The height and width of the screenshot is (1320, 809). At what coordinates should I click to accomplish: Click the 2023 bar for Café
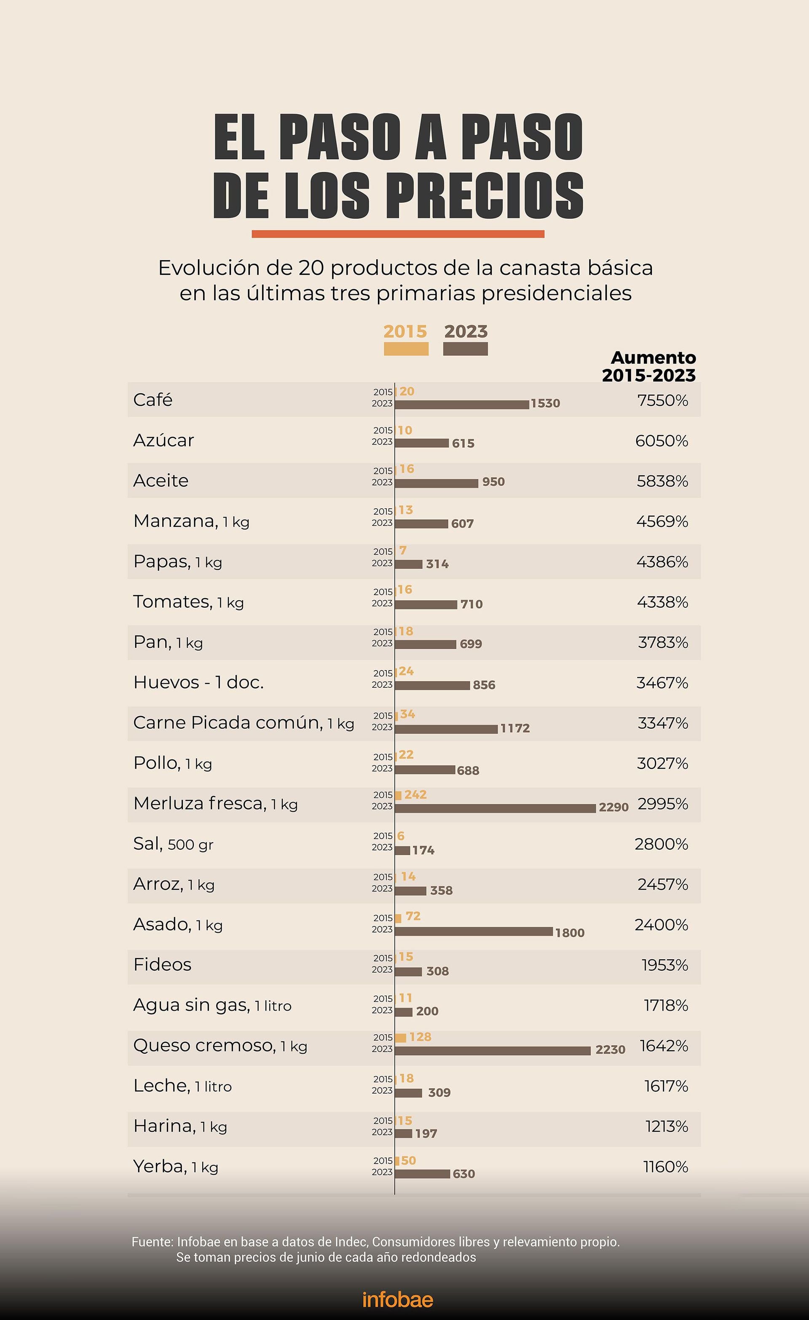[462, 405]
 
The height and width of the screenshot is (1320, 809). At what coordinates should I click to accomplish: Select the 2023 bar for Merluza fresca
[495, 808]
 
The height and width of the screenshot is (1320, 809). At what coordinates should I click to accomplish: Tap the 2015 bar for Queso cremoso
[401, 1038]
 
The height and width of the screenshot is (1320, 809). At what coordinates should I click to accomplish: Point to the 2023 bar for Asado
[474, 931]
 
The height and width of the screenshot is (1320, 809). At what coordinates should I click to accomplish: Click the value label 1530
[545, 403]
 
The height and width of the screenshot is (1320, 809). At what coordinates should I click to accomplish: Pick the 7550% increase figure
[662, 401]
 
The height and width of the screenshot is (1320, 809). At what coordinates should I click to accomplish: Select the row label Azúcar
[163, 440]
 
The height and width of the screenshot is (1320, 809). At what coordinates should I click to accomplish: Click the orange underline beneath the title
[398, 233]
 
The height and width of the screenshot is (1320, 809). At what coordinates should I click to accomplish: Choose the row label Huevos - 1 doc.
[198, 682]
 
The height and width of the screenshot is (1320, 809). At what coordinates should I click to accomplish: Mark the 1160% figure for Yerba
[665, 1167]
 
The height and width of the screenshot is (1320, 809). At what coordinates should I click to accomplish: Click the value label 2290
[613, 808]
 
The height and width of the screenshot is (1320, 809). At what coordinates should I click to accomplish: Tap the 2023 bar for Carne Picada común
[446, 729]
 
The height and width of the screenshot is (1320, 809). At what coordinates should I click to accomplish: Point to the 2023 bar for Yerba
[422, 1174]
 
